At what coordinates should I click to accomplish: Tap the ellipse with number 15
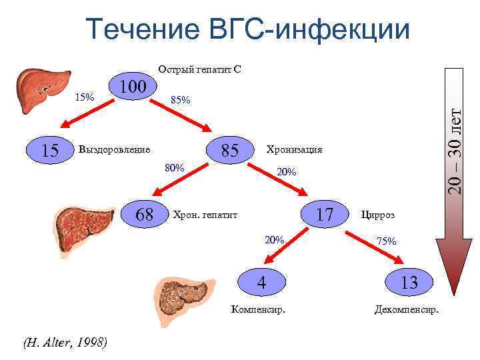[x=50, y=150]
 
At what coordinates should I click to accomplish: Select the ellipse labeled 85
[x=230, y=151]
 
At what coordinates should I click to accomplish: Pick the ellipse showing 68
[x=144, y=215]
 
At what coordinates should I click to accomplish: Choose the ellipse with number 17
[x=325, y=215]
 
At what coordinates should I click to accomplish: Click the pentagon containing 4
[x=263, y=282]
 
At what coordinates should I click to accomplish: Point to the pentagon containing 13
[x=409, y=282]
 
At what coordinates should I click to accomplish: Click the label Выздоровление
[x=114, y=149]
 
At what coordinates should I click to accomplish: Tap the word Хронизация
[x=294, y=149]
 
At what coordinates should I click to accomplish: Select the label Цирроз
[x=377, y=215]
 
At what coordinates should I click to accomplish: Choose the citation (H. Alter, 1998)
[x=64, y=343]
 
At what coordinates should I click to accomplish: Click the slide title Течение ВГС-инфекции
[x=247, y=30]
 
